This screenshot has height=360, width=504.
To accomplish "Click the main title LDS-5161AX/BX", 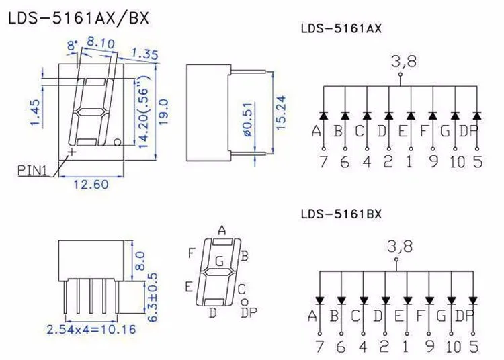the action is coord(79,19).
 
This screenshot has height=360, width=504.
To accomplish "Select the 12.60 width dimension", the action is coord(91,185).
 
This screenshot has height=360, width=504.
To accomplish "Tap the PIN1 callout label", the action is coord(32,170).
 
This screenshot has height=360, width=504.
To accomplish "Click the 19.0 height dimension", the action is coord(163,112).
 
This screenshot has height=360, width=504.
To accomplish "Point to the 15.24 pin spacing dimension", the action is coord(281,112).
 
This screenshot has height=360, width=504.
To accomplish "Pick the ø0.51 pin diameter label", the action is coord(249,119).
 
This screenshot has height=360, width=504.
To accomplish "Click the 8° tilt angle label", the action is coord(73,45).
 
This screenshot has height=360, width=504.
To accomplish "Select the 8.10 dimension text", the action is coord(101,42).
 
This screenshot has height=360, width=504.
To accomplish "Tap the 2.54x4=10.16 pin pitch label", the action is coord(91,330).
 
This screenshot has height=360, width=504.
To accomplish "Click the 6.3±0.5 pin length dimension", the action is coord(153,297).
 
